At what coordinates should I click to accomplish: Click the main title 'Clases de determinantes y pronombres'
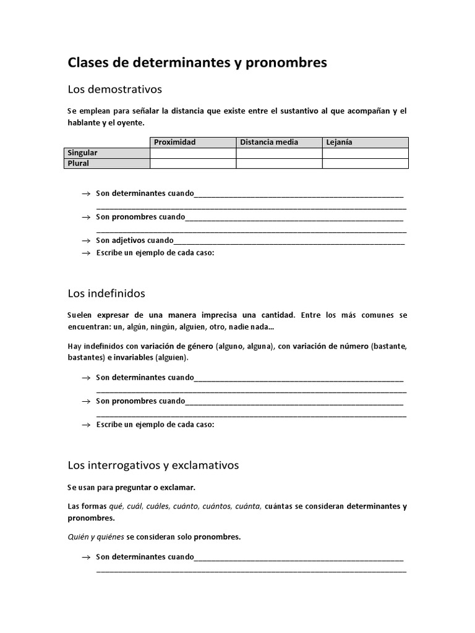click(x=197, y=62)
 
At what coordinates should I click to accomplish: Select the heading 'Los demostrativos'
click(x=114, y=90)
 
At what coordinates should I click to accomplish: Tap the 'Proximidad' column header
click(x=174, y=142)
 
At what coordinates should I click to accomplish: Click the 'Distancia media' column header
click(x=268, y=142)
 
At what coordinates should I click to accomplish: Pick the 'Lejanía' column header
click(x=339, y=142)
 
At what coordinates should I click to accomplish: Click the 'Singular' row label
click(x=82, y=153)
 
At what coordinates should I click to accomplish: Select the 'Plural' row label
click(x=78, y=163)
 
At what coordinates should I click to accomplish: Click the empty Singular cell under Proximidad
click(x=193, y=153)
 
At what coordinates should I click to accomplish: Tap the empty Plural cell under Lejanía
click(x=365, y=163)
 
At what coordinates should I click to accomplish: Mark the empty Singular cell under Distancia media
click(x=279, y=153)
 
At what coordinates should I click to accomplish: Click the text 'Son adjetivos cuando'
click(x=135, y=240)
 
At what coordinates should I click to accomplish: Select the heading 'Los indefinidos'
click(x=106, y=293)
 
